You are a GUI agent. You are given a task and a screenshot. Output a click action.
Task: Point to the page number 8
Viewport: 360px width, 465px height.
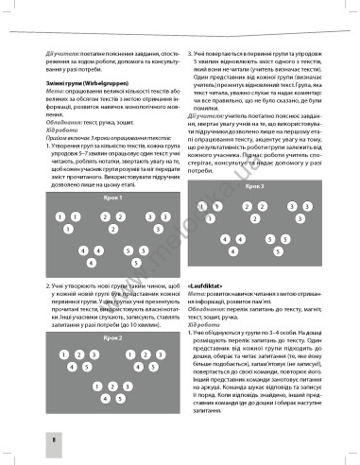pos(29,439)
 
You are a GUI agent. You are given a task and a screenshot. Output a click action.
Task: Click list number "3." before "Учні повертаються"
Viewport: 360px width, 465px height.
pos(191,54)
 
